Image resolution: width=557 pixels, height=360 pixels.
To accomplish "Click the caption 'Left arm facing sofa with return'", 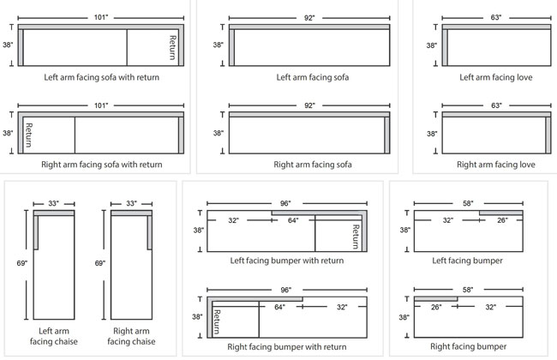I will tap(100, 76).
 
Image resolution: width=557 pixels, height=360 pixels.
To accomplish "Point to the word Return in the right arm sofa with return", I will tap(29, 134).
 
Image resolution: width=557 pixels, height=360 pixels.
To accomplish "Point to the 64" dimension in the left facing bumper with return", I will tap(293, 220).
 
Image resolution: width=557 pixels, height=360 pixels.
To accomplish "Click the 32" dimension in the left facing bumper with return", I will tap(234, 220).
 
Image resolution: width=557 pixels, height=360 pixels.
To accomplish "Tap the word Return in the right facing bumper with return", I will tap(217, 320).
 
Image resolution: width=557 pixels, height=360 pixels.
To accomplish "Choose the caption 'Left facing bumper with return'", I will tap(286, 260).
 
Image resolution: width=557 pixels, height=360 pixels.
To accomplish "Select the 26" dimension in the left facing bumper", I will tap(502, 220).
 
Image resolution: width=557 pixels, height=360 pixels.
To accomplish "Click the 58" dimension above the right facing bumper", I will tap(468, 290).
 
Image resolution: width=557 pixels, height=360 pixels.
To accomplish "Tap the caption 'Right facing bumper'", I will tap(468, 346).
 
